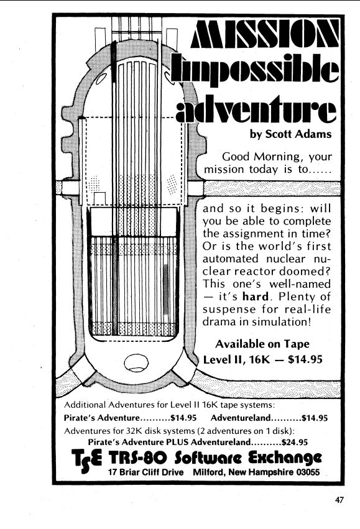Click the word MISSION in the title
click(x=265, y=34)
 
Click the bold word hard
click(x=256, y=297)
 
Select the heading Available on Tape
click(x=262, y=344)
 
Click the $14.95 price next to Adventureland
click(x=315, y=418)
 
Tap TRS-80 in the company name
click(x=137, y=458)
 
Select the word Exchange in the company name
click(x=285, y=459)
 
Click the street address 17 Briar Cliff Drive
click(x=145, y=472)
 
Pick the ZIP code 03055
click(x=308, y=472)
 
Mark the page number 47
click(x=339, y=500)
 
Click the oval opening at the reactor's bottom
click(x=136, y=362)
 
